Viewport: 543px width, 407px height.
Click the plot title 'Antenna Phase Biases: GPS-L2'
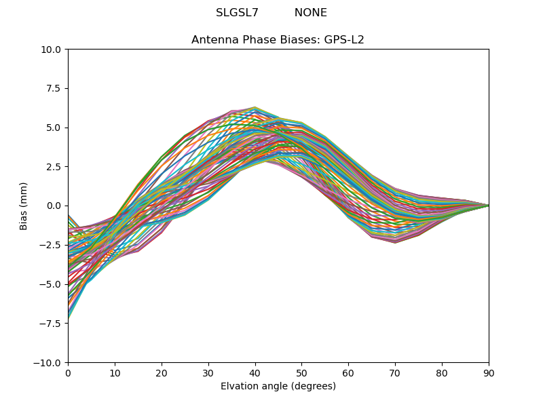click(x=278, y=40)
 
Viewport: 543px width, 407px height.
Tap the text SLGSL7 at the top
click(x=237, y=13)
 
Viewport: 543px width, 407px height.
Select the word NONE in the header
click(x=310, y=13)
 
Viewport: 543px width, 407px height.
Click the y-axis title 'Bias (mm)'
click(x=24, y=206)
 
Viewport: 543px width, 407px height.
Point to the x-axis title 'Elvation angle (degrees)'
click(x=278, y=387)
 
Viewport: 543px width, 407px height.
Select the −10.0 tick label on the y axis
click(x=50, y=362)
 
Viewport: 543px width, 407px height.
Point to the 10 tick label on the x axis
click(x=115, y=372)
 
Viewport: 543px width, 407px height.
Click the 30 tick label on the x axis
click(x=208, y=372)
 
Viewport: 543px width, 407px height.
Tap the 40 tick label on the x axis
click(x=255, y=372)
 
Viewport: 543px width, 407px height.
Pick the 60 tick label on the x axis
click(x=348, y=372)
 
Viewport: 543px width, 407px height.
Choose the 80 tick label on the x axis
click(x=442, y=372)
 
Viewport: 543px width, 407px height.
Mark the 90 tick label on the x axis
click(x=489, y=372)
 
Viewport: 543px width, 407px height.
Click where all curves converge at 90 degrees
click(x=488, y=206)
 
